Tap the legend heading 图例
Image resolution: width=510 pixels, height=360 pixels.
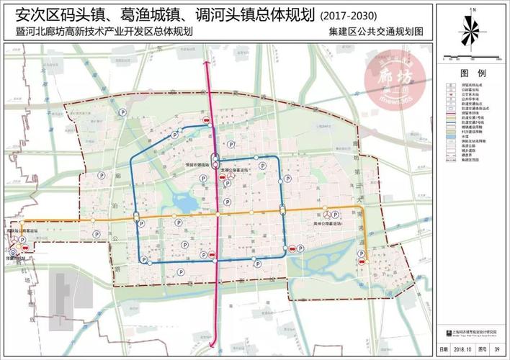coord(473,74)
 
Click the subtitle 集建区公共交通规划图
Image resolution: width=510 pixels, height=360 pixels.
coord(385,32)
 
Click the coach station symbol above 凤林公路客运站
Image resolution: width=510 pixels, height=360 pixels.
coord(328,215)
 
